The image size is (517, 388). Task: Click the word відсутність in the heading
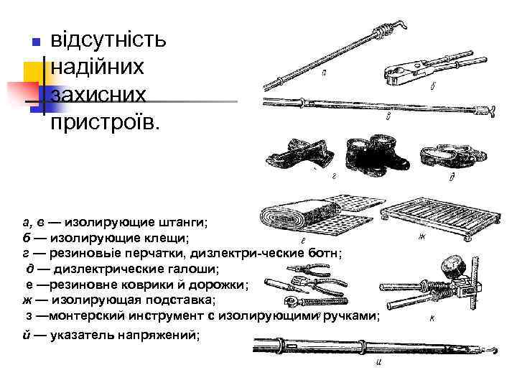click(x=108, y=38)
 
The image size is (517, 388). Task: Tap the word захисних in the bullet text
click(x=98, y=94)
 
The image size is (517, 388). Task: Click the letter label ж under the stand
click(x=421, y=239)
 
